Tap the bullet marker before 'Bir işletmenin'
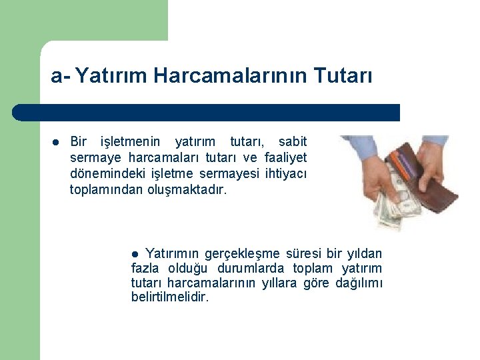click(x=56, y=141)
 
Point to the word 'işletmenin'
click(x=130, y=141)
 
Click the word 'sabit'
click(x=293, y=141)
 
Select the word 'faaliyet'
click(x=285, y=158)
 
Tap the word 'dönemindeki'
click(x=100, y=174)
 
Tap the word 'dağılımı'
click(x=361, y=283)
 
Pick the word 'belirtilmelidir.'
click(x=170, y=298)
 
